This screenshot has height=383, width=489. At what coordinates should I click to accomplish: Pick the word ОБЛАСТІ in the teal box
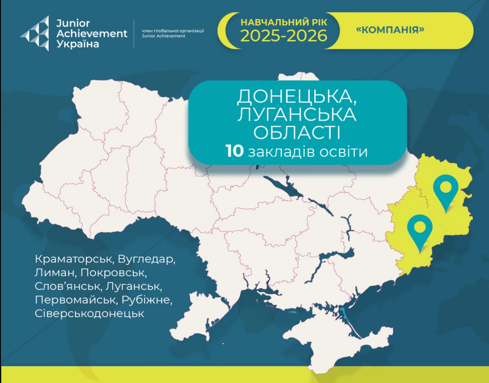click(297, 133)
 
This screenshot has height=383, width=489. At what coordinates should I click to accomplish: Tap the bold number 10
click(235, 151)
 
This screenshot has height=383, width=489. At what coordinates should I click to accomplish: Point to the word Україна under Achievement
click(78, 44)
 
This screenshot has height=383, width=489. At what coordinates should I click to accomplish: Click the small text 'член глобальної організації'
click(173, 31)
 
